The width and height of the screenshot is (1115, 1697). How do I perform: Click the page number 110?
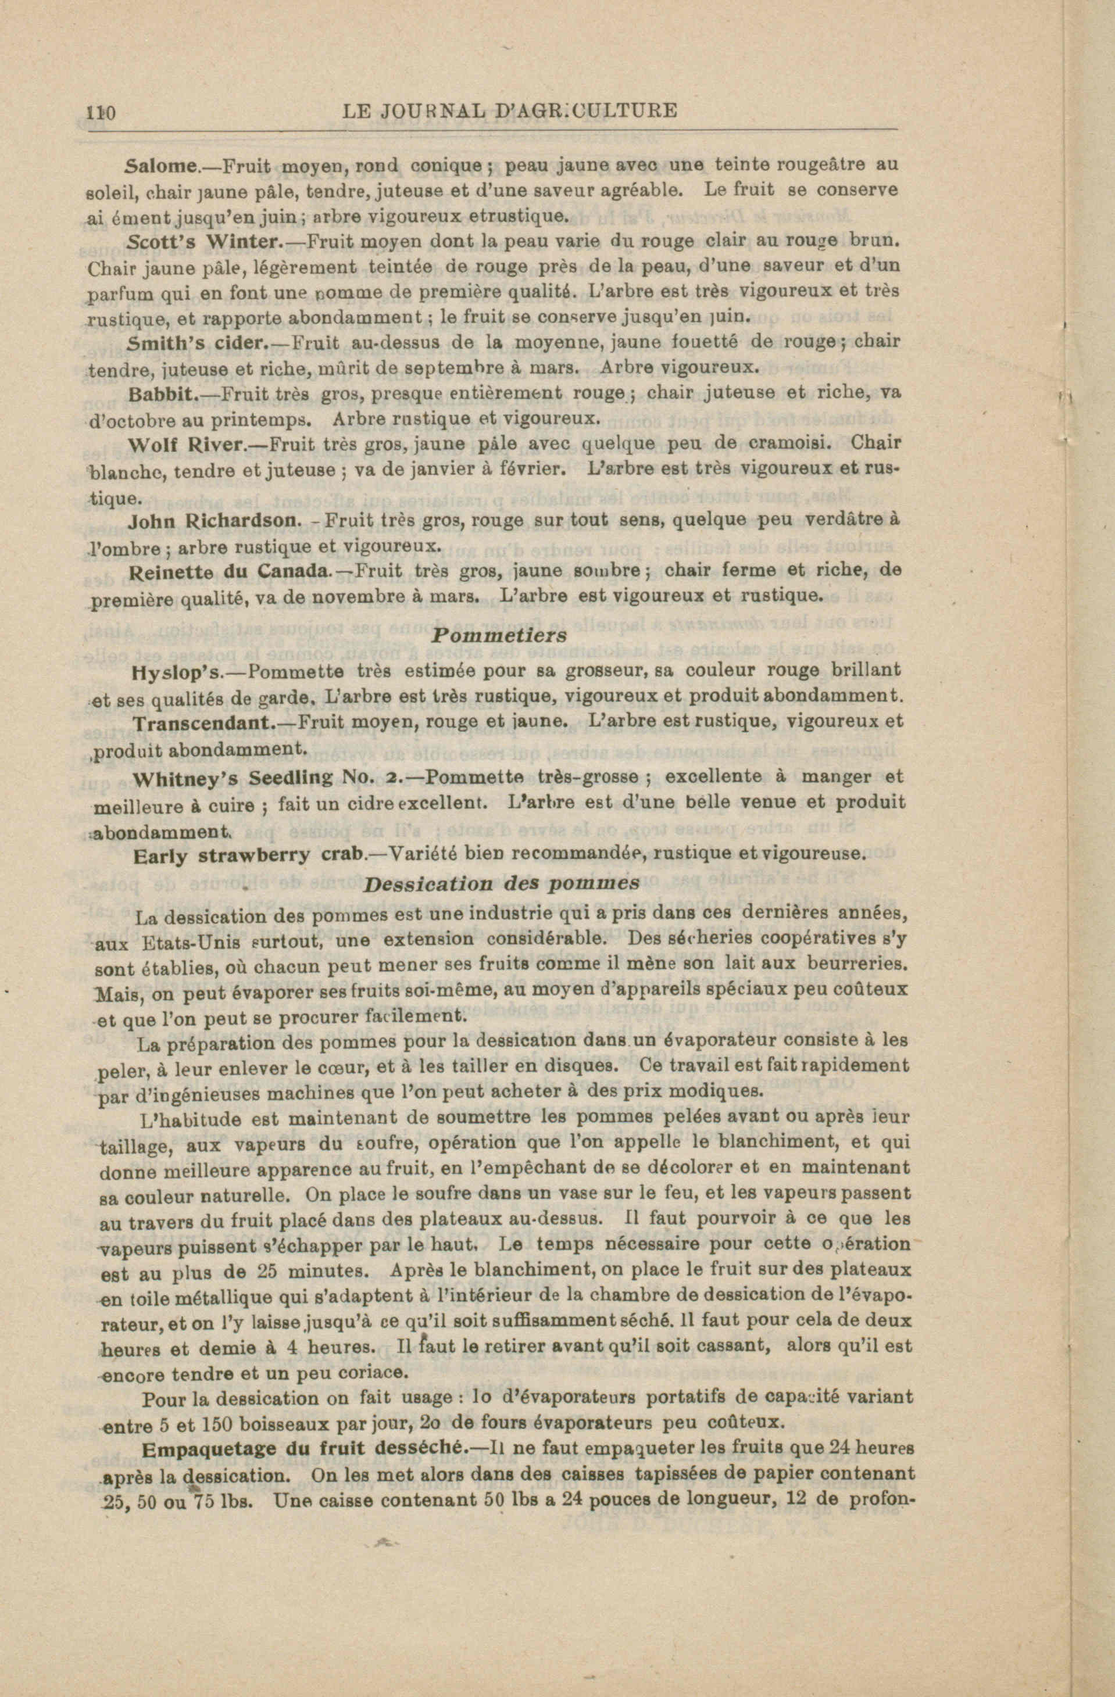(101, 113)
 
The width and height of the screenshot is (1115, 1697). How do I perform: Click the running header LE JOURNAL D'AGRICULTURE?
(509, 111)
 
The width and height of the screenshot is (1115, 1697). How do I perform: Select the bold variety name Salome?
(161, 167)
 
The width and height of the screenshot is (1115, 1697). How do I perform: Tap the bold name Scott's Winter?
(206, 242)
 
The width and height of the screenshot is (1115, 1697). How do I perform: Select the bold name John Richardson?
(212, 521)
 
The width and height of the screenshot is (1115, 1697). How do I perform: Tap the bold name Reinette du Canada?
(230, 572)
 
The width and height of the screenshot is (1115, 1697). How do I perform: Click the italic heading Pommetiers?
(499, 635)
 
